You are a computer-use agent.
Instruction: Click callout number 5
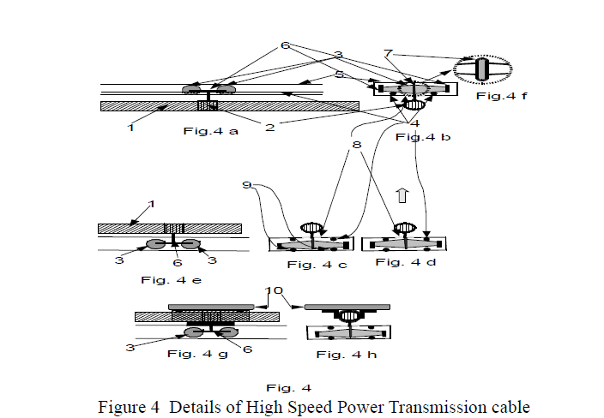340,75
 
